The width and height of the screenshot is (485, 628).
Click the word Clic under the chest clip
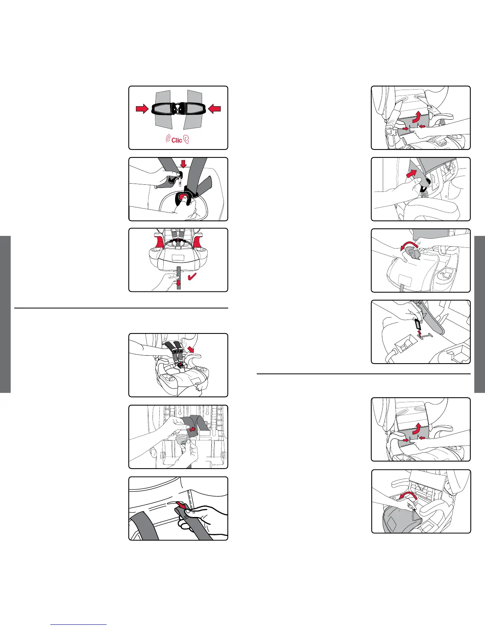(x=176, y=140)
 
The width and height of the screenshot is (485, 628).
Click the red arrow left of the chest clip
(x=142, y=109)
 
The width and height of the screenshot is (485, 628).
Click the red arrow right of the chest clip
(x=214, y=109)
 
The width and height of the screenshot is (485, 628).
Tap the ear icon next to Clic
(x=186, y=139)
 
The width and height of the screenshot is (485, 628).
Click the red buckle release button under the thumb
(x=182, y=197)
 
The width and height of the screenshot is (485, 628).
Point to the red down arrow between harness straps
(x=183, y=164)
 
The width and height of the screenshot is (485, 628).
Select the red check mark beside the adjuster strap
(x=192, y=276)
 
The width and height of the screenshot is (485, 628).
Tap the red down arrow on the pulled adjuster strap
(x=178, y=282)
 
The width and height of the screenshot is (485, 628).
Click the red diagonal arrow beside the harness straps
(x=191, y=349)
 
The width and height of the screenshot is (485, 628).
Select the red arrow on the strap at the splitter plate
(x=193, y=429)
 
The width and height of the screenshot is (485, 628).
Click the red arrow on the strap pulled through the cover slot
(x=181, y=505)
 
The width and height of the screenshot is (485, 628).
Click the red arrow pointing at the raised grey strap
(x=411, y=173)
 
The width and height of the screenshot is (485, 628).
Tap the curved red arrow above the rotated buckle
(x=409, y=246)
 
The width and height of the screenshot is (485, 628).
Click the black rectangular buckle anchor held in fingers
(x=418, y=324)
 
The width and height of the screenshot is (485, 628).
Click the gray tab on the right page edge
(x=479, y=314)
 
